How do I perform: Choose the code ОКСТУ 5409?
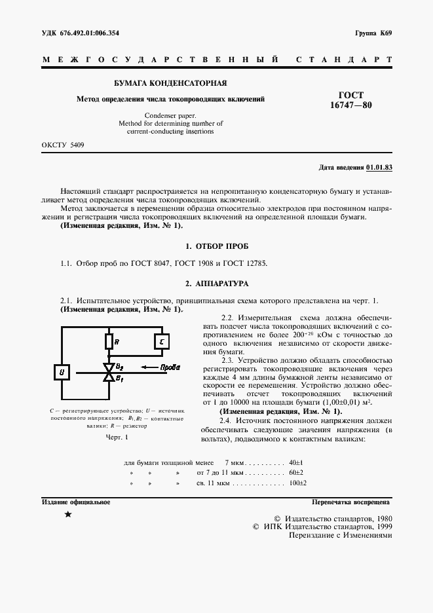point(63,144)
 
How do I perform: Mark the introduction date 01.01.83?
point(379,168)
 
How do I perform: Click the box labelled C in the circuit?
point(162,341)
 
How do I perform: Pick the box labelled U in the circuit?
point(63,373)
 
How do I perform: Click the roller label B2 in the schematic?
point(119,367)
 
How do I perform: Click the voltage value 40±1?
point(295,462)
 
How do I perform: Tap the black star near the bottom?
point(68,515)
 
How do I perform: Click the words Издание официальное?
point(76,502)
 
